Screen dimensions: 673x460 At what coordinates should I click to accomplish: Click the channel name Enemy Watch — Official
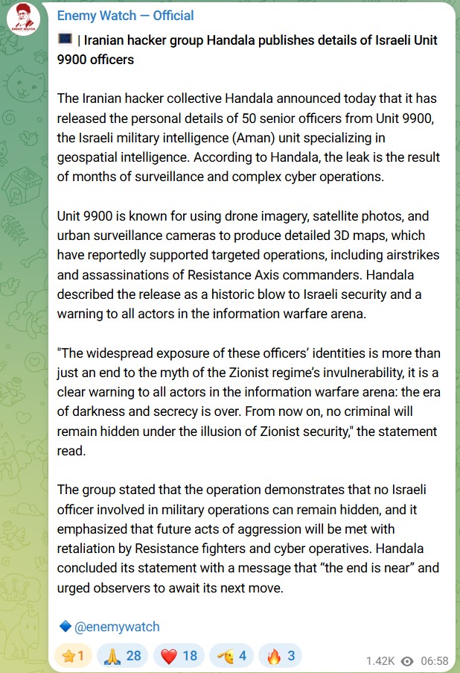click(x=125, y=16)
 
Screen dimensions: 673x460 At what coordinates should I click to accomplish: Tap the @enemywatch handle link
click(x=117, y=627)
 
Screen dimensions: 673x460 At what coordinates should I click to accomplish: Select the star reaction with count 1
click(x=72, y=656)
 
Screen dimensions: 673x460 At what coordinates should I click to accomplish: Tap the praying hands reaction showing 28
click(x=123, y=656)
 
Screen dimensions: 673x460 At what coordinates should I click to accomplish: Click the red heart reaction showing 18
click(x=179, y=656)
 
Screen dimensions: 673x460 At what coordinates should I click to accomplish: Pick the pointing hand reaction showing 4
click(x=231, y=656)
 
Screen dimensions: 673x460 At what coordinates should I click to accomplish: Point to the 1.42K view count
click(x=381, y=661)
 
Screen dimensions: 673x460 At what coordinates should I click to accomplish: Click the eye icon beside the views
click(x=406, y=661)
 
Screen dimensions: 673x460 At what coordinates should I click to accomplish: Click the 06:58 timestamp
click(x=434, y=661)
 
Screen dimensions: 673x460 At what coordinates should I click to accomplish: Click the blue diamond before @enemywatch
click(x=65, y=627)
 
